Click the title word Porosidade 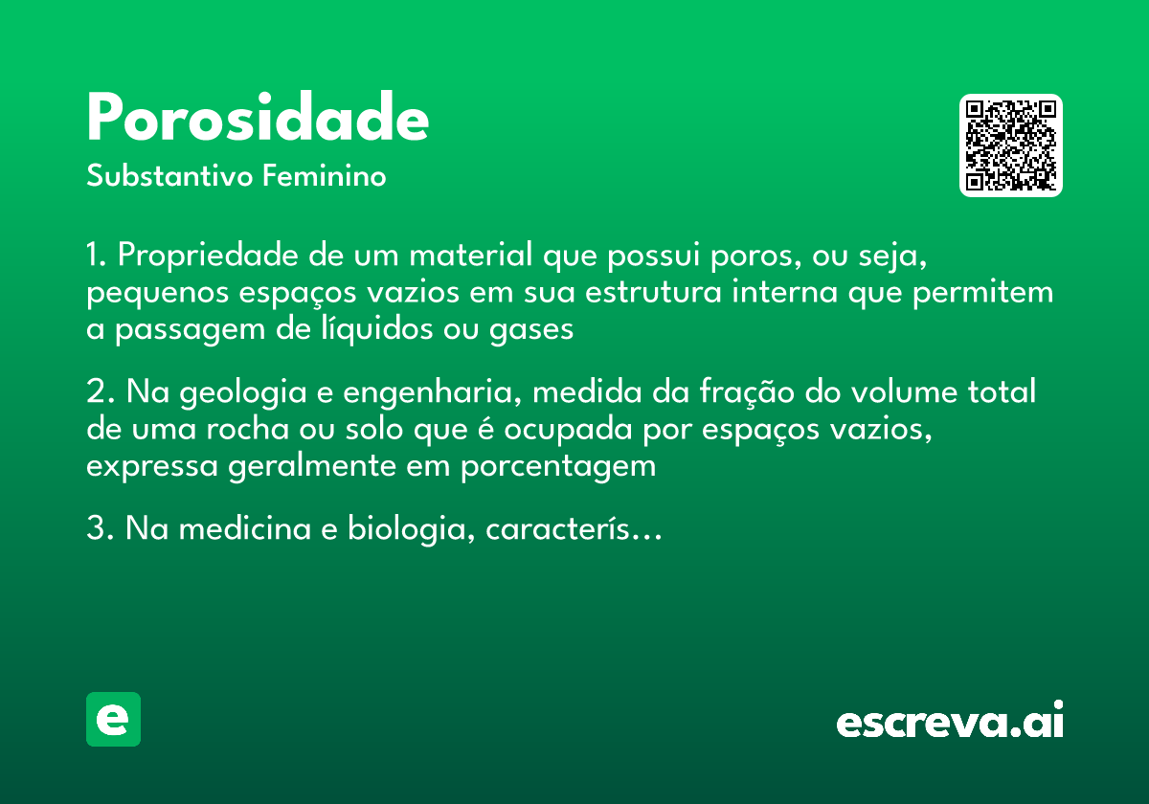pos(258,119)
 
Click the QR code pos(1010,145)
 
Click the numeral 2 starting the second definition pos(95,393)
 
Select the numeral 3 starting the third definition pos(95,529)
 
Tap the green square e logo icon pos(113,719)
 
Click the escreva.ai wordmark pos(950,722)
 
